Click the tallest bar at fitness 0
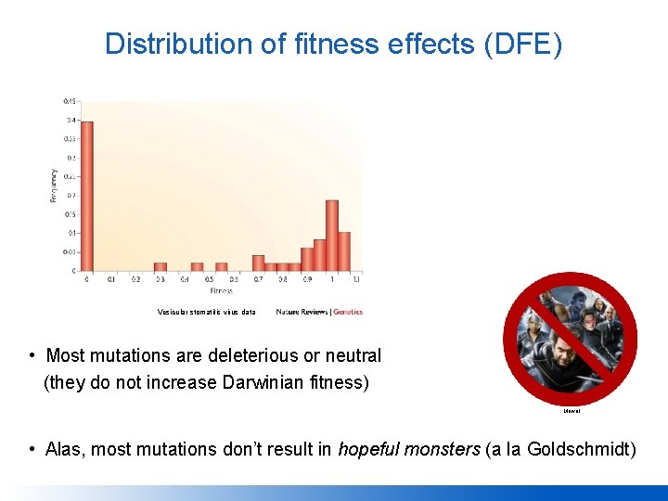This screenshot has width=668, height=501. (x=87, y=196)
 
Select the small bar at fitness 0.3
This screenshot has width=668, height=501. (x=161, y=266)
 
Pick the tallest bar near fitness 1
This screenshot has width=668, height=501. (x=332, y=236)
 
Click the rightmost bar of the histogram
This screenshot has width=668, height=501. (x=344, y=251)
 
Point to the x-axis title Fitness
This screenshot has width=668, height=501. (x=221, y=290)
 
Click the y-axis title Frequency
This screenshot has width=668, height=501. (x=54, y=185)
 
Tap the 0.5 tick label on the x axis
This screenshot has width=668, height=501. (x=210, y=279)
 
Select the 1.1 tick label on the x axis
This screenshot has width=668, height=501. (x=356, y=279)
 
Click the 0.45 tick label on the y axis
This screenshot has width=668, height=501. (x=70, y=101)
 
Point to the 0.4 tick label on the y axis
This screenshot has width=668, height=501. (x=71, y=120)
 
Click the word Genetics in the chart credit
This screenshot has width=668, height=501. (x=348, y=312)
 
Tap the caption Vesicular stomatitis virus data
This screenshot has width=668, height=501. (x=206, y=312)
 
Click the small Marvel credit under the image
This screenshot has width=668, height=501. (x=571, y=410)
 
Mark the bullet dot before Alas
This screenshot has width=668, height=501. (x=32, y=450)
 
